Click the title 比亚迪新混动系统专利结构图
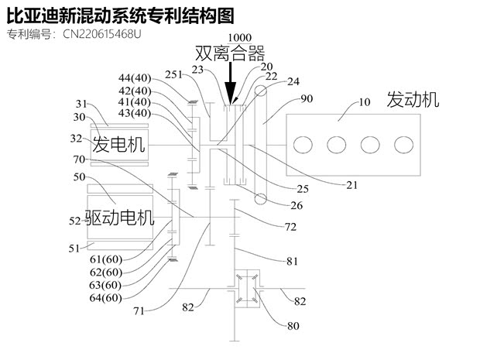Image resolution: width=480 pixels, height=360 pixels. point(120,15)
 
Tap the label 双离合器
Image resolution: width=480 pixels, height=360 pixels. point(230,53)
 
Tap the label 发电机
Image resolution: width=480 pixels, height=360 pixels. point(119,145)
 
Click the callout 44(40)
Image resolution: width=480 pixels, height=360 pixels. point(135,78)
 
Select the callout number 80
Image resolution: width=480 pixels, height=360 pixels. point(293,326)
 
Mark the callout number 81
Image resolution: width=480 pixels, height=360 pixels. point(292,262)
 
